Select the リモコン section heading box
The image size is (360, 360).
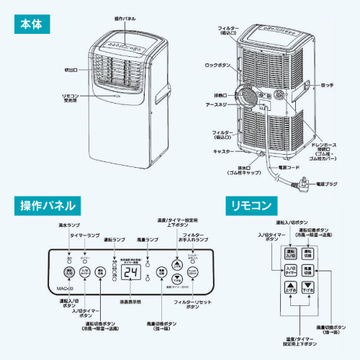(x=251, y=205)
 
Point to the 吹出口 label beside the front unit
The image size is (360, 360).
(x=70, y=69)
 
